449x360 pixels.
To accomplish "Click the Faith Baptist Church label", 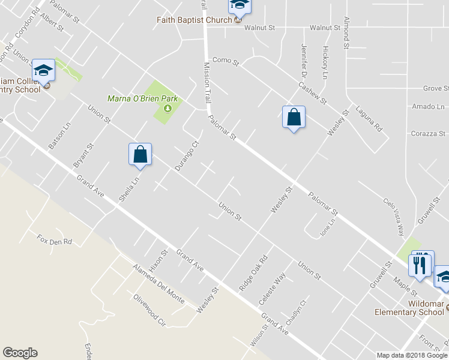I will point(194,20).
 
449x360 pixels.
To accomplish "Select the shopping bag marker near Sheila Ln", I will point(140,154).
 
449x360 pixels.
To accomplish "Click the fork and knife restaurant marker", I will point(420,264).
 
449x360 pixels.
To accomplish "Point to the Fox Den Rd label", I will point(54,241).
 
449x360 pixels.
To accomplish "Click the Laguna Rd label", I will point(369,119).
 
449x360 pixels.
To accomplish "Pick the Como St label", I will point(226,61).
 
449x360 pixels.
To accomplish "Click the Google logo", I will point(20,353).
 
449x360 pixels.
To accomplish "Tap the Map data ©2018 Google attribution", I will point(412,355).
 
